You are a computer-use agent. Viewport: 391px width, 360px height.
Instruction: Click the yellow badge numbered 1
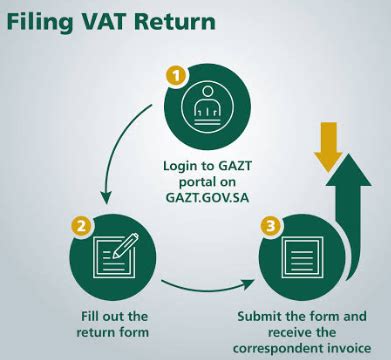pyautogui.click(x=176, y=74)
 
